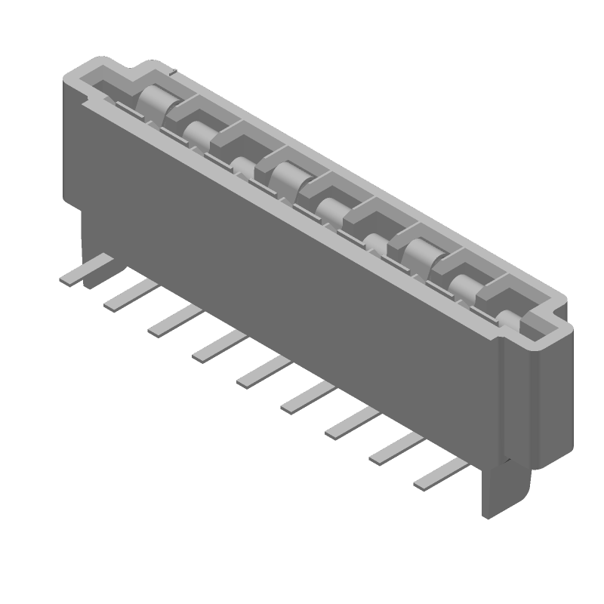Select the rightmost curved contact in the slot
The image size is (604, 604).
pyautogui.click(x=464, y=284)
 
